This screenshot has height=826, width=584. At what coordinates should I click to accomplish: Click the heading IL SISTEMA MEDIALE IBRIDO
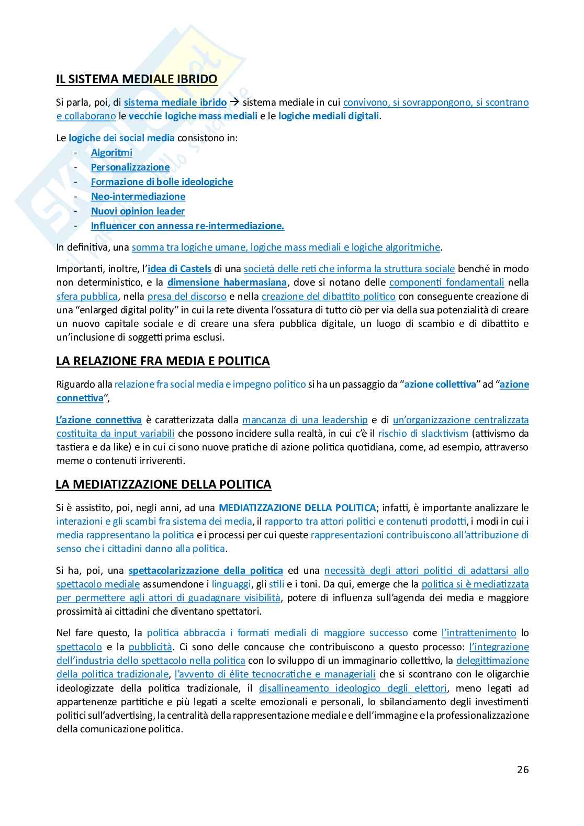(137, 80)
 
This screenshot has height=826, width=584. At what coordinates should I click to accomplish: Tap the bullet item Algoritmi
(111, 153)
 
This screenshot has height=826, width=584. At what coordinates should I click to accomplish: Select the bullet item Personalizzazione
(130, 167)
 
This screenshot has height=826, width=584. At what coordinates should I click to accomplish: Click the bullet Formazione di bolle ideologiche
(162, 182)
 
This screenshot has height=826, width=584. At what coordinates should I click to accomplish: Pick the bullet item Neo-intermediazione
(138, 197)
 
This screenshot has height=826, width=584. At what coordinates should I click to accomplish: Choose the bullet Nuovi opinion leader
(138, 211)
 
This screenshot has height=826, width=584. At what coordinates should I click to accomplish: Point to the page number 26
(523, 770)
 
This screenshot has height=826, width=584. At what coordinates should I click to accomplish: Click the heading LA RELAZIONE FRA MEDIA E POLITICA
(163, 361)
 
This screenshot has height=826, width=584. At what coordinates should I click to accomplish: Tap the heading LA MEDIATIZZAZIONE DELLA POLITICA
(163, 484)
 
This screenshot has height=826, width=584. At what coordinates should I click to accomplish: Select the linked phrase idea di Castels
(179, 269)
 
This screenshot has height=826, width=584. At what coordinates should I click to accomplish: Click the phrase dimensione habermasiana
(227, 282)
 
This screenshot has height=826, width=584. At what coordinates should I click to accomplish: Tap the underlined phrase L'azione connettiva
(99, 420)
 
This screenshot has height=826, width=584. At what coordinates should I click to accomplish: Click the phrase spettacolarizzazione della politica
(206, 570)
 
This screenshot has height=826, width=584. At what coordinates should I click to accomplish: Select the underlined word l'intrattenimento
(479, 633)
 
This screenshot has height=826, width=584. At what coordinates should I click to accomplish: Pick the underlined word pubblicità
(150, 647)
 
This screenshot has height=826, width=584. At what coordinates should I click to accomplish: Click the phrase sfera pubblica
(87, 296)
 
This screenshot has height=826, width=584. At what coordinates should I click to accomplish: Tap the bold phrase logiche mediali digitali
(329, 116)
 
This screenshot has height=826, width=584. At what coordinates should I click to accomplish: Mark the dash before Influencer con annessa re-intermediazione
(76, 226)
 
